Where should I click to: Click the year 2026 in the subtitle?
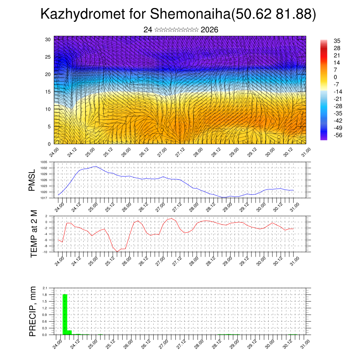tap(210, 30)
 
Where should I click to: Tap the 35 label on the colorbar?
tap(337, 41)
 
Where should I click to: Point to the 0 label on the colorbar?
tap(335, 77)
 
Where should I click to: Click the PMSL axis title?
tap(32, 180)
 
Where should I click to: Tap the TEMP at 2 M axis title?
tap(34, 233)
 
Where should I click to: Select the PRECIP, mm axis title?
tap(33, 311)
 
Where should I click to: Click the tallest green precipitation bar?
tap(65, 314)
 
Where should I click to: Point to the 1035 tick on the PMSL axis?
tap(44, 162)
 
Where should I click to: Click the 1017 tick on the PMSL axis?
tap(44, 198)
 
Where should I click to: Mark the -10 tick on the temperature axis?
tap(45, 252)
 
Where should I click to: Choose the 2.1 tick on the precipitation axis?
tap(45, 288)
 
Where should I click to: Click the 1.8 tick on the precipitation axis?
tap(45, 295)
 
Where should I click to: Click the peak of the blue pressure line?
tap(96, 166)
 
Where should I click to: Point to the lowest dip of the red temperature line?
tap(118, 251)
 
